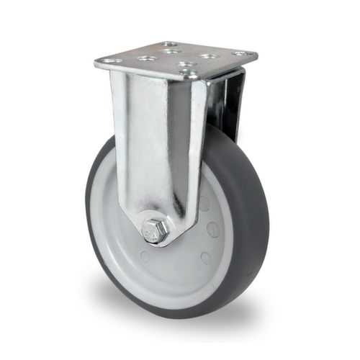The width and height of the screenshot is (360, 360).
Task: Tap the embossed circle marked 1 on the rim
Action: click(213, 230)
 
